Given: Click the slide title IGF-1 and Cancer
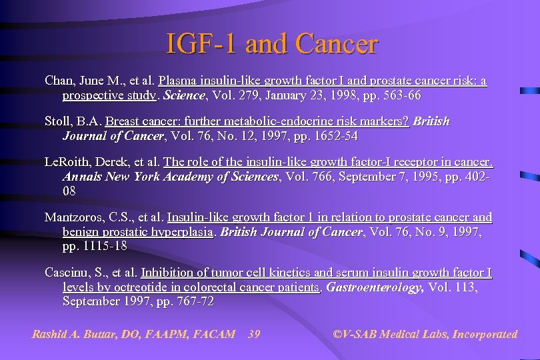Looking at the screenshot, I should pos(272,45).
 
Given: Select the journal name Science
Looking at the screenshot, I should pos(184,95).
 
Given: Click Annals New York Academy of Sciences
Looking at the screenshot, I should pos(170,177).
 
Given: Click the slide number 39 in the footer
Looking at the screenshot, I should pos(253,334).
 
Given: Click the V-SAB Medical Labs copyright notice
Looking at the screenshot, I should pos(425,334).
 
